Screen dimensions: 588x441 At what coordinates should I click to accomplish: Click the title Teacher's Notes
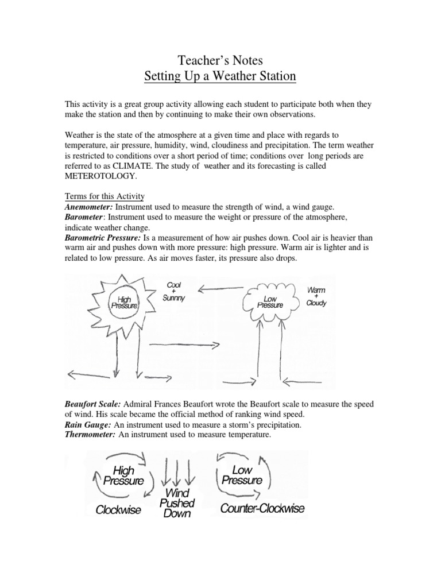point(220,59)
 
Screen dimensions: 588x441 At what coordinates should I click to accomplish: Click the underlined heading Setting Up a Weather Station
point(220,76)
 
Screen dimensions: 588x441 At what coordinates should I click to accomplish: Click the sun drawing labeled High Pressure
point(124,302)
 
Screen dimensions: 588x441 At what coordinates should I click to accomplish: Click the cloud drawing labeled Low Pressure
point(269,302)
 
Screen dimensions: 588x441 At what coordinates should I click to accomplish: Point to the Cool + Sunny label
point(173,292)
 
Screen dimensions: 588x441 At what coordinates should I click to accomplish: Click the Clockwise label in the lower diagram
point(118,509)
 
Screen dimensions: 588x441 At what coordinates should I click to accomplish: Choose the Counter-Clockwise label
point(262,508)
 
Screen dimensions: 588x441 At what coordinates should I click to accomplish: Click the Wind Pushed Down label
point(177,504)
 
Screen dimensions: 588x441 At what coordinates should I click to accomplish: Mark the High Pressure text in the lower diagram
point(123,476)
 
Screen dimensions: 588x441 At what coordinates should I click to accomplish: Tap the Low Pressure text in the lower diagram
point(242,475)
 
